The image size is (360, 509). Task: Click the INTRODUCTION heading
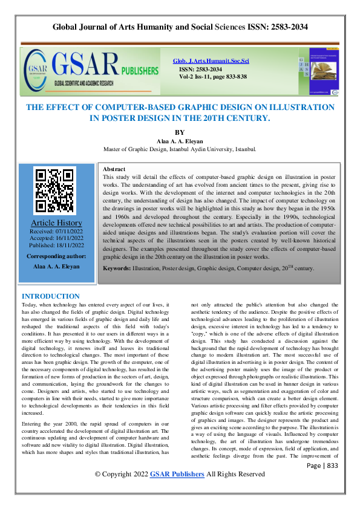pos(51,296)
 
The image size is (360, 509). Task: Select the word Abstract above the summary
pos(114,169)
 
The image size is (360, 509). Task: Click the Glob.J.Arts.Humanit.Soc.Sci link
pos(211,62)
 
